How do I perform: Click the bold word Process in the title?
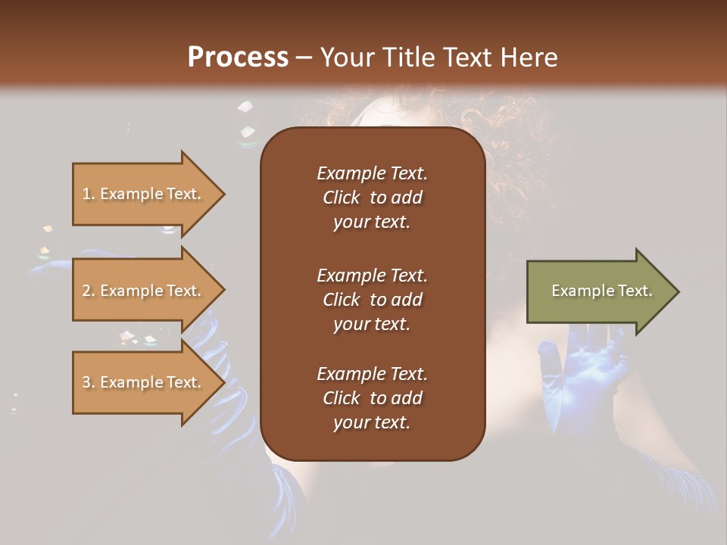(238, 58)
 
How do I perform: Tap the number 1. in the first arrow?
(89, 194)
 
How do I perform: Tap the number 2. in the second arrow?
(89, 291)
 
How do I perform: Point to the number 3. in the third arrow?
(89, 382)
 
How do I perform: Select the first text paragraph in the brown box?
(372, 198)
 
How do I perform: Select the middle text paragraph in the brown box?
(372, 299)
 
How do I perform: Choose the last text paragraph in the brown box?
(372, 398)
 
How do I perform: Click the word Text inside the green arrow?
(635, 291)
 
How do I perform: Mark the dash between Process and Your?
(304, 58)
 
